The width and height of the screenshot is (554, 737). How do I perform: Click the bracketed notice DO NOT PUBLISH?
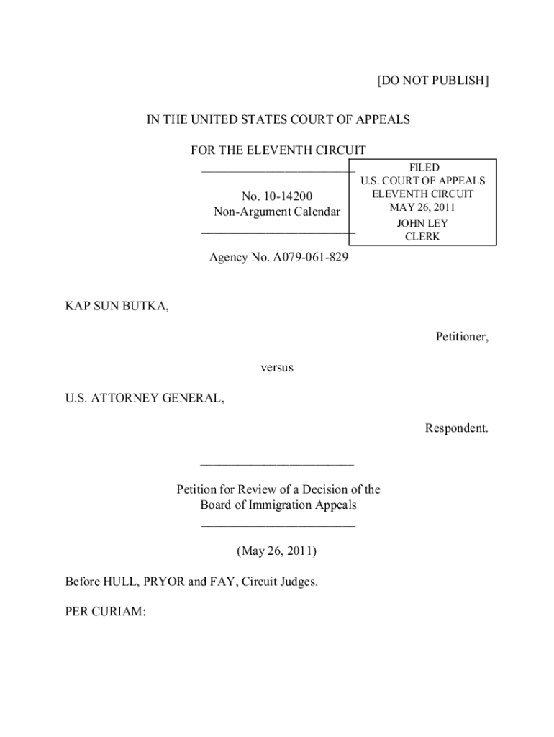(x=433, y=81)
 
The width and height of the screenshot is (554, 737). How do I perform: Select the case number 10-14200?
(x=288, y=196)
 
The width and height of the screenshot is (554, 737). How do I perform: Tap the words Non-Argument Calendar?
(x=277, y=212)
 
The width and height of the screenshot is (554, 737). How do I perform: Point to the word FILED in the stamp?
(x=423, y=168)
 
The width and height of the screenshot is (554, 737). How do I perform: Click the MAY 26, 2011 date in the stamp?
(x=423, y=208)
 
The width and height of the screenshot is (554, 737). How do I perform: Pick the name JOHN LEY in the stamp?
(x=423, y=223)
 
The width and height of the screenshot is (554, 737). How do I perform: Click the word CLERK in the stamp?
(x=423, y=237)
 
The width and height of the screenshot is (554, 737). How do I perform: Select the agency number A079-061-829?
(x=308, y=256)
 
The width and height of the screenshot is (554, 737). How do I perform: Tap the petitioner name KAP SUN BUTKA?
(x=117, y=307)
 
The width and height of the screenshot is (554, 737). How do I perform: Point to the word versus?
(x=277, y=368)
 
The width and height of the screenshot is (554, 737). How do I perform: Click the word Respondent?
(x=456, y=428)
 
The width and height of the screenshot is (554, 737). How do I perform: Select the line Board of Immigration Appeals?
(x=278, y=505)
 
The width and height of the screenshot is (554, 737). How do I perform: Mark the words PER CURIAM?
(x=105, y=612)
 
